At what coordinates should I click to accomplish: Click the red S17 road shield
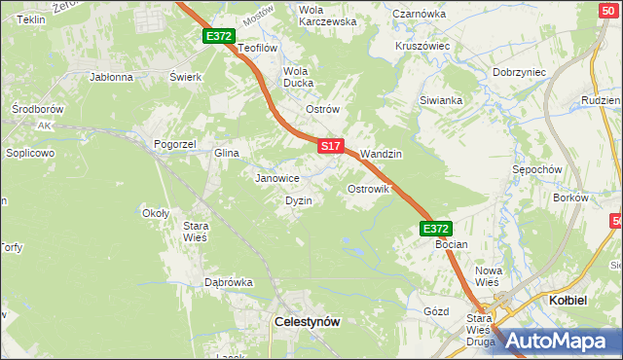(x=331, y=146)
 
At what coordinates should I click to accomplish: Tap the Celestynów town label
(x=308, y=321)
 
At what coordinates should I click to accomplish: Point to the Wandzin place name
(x=381, y=154)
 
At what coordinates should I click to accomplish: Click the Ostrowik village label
(x=369, y=189)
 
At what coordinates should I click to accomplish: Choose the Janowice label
(x=276, y=178)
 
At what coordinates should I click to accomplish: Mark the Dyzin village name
(x=298, y=200)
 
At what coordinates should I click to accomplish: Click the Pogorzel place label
(x=175, y=144)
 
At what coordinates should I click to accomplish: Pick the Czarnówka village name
(x=419, y=15)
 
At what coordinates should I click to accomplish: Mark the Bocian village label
(x=452, y=245)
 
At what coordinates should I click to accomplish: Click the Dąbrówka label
(x=228, y=282)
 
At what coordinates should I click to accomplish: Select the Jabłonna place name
(x=110, y=76)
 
